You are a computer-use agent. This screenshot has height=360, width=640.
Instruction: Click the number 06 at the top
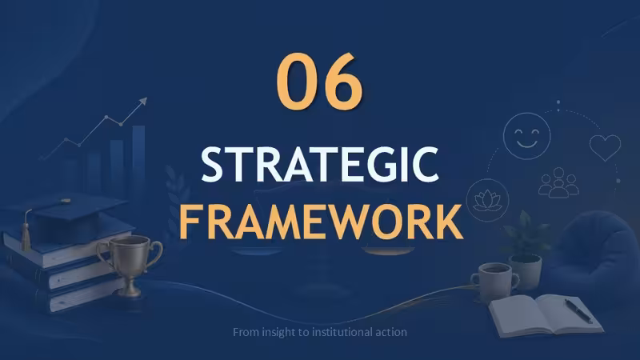(x=319, y=81)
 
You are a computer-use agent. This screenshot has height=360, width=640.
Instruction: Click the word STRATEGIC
(x=320, y=165)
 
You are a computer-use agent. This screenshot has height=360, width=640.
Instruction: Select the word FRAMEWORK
(x=321, y=222)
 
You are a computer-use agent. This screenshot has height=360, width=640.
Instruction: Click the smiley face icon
(x=526, y=136)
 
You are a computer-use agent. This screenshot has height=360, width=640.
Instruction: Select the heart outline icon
(x=605, y=147)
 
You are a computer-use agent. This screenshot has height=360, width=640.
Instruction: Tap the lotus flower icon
(x=487, y=200)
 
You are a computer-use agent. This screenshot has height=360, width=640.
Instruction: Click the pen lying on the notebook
(x=578, y=311)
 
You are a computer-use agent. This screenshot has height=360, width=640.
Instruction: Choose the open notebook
(x=545, y=314)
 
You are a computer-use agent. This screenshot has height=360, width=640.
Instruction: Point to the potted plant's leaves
(x=526, y=234)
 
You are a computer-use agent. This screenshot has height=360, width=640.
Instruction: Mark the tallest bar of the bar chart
(x=138, y=163)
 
